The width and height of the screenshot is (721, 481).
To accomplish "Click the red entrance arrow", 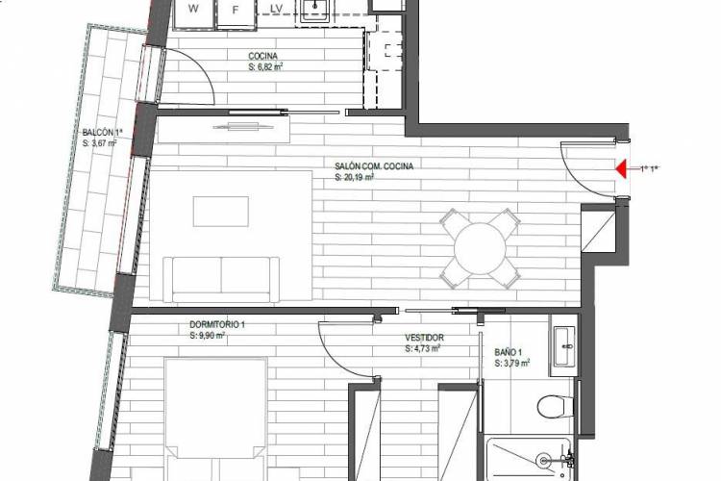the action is point(621,169).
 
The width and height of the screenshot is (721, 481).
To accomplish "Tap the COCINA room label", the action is point(263,56).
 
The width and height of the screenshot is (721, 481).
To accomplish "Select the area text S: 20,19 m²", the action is point(354,177).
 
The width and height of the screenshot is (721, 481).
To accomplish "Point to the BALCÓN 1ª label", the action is point(103,133).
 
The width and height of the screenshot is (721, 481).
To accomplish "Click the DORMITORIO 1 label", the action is point(217,325).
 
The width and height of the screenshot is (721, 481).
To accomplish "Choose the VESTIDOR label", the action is point(424,338).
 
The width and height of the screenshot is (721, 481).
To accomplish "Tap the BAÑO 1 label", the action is point(509,353).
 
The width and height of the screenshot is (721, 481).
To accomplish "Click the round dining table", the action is point(480,248).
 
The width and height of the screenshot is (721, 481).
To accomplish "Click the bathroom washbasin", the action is point(563,346).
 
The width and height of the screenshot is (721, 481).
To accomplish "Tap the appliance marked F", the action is point(236,13).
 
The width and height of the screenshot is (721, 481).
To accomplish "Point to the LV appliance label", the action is point(276,9).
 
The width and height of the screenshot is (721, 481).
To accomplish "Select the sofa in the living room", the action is point(221,279).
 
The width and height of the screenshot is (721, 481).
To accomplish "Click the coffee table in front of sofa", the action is point(221,212).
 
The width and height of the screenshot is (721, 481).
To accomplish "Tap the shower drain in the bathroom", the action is point(543,459).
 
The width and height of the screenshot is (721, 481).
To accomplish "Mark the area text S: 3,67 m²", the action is point(99,143).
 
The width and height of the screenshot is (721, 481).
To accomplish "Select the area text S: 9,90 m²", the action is point(208,336).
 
